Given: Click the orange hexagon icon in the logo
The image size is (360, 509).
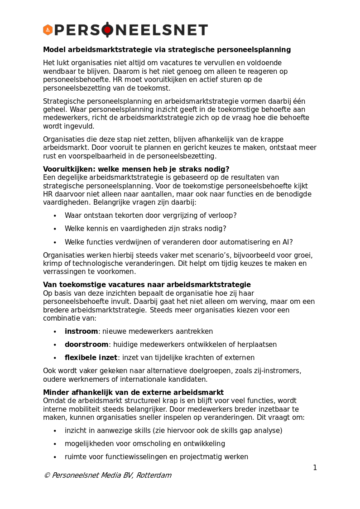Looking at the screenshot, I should click(48, 30).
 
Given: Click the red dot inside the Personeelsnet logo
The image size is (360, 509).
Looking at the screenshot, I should click(107, 30).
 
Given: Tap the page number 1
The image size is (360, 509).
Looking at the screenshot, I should click(315, 468).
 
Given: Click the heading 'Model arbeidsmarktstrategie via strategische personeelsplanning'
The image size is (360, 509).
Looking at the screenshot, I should click(167, 50).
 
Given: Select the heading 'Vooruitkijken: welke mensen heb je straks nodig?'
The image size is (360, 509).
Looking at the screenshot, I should click(136, 169).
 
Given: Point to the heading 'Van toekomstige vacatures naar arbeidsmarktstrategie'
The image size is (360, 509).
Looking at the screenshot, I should click(147, 285).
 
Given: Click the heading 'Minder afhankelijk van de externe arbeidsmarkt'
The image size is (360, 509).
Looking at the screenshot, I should click(133, 393).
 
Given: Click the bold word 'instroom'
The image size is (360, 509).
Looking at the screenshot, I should click(81, 331).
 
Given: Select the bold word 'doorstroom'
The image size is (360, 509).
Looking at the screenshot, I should click(86, 345).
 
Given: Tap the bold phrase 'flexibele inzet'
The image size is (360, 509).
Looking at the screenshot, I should click(91, 358).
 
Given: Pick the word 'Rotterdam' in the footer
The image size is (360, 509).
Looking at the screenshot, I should click(154, 475).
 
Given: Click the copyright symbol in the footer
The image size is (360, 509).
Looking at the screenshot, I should click(47, 475).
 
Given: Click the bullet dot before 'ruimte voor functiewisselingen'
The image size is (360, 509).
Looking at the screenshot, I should click(55, 457).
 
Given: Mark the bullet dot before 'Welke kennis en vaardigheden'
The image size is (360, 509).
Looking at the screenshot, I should click(55, 229).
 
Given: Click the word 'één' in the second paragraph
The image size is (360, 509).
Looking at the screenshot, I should click(300, 101).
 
